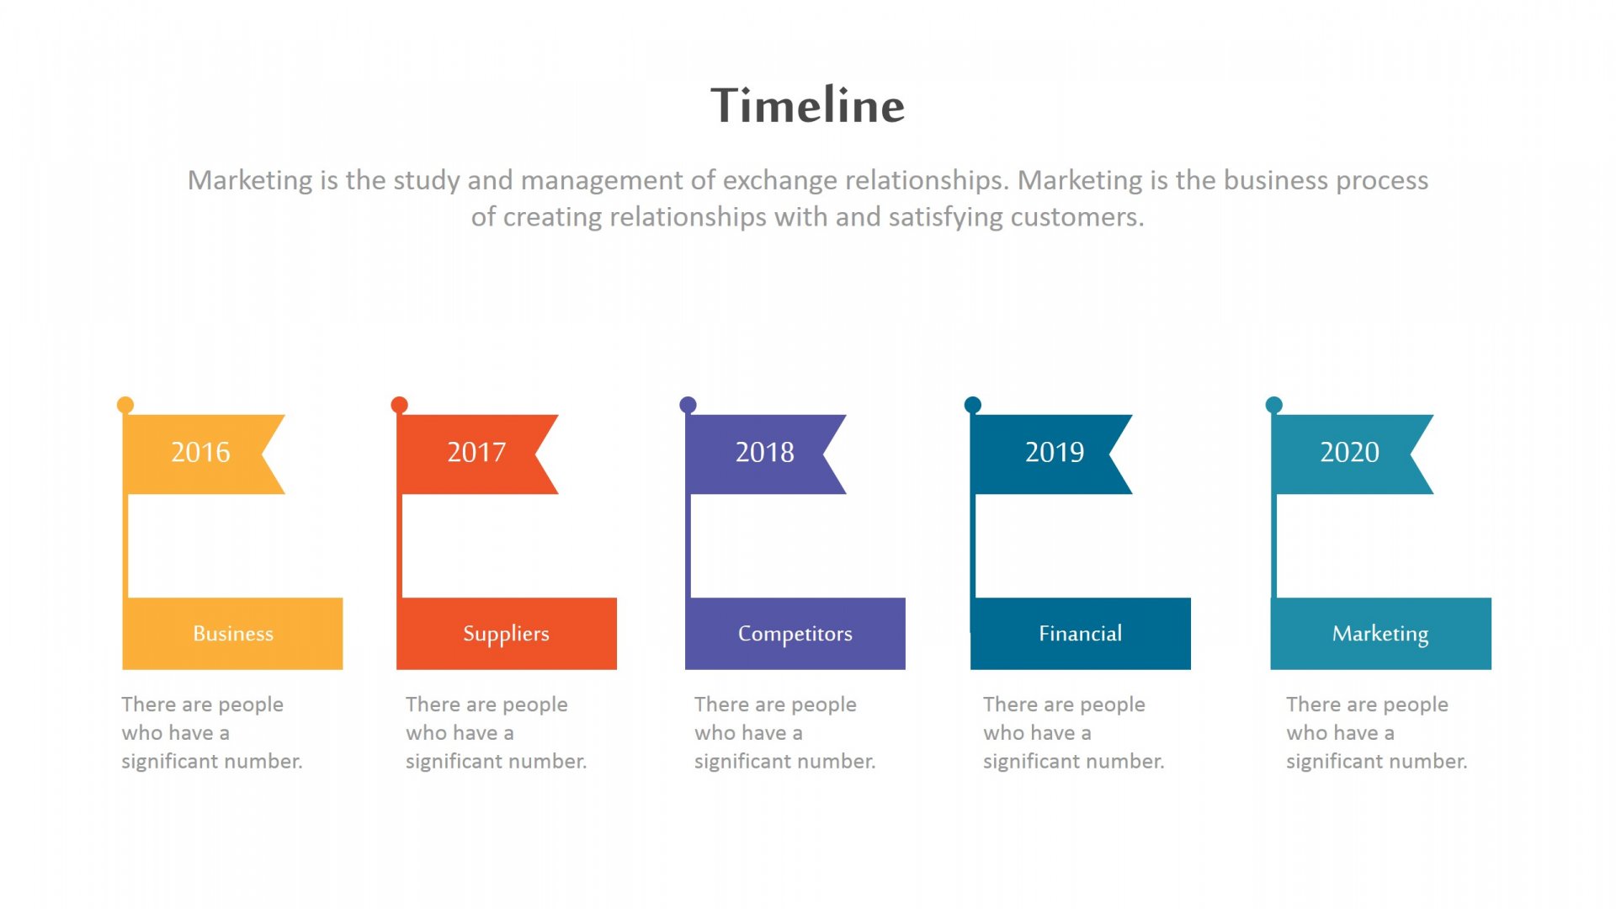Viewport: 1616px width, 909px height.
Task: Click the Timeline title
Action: tap(808, 105)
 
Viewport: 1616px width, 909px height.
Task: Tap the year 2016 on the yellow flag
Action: tap(200, 452)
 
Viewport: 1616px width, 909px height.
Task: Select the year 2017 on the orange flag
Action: tap(476, 452)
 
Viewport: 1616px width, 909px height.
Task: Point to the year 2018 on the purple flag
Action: tap(765, 452)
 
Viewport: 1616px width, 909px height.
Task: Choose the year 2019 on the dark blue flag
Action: tap(1055, 452)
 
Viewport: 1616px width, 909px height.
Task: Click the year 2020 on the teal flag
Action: tap(1350, 452)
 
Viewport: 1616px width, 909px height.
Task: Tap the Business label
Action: tap(233, 633)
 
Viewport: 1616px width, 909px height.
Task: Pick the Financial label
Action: tap(1081, 633)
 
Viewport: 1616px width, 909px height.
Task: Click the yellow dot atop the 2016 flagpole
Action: tap(125, 405)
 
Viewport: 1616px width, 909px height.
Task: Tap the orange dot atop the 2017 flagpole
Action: tap(400, 405)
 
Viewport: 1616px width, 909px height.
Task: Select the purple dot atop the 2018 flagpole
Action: tap(688, 405)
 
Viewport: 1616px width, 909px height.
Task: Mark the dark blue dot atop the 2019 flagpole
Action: tap(973, 405)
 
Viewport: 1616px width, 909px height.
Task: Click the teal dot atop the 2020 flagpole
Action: tap(1274, 405)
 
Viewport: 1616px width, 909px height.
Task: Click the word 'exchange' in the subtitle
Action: tap(779, 181)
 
